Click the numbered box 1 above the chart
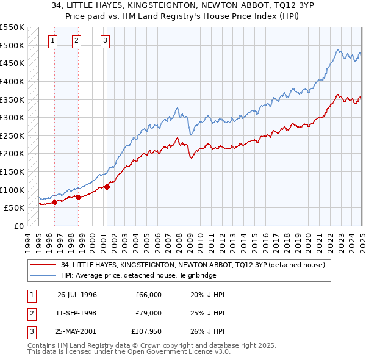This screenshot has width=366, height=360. (52, 41)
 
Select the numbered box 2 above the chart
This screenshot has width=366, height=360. (76, 41)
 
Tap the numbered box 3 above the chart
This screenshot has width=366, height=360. (105, 41)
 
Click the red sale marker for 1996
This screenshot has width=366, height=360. (54, 202)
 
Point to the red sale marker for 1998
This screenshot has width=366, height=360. (79, 197)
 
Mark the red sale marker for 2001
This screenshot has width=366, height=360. (107, 187)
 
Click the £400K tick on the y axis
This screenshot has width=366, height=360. (12, 81)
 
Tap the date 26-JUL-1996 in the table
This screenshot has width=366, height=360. (77, 295)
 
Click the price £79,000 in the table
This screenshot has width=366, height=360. (149, 313)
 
